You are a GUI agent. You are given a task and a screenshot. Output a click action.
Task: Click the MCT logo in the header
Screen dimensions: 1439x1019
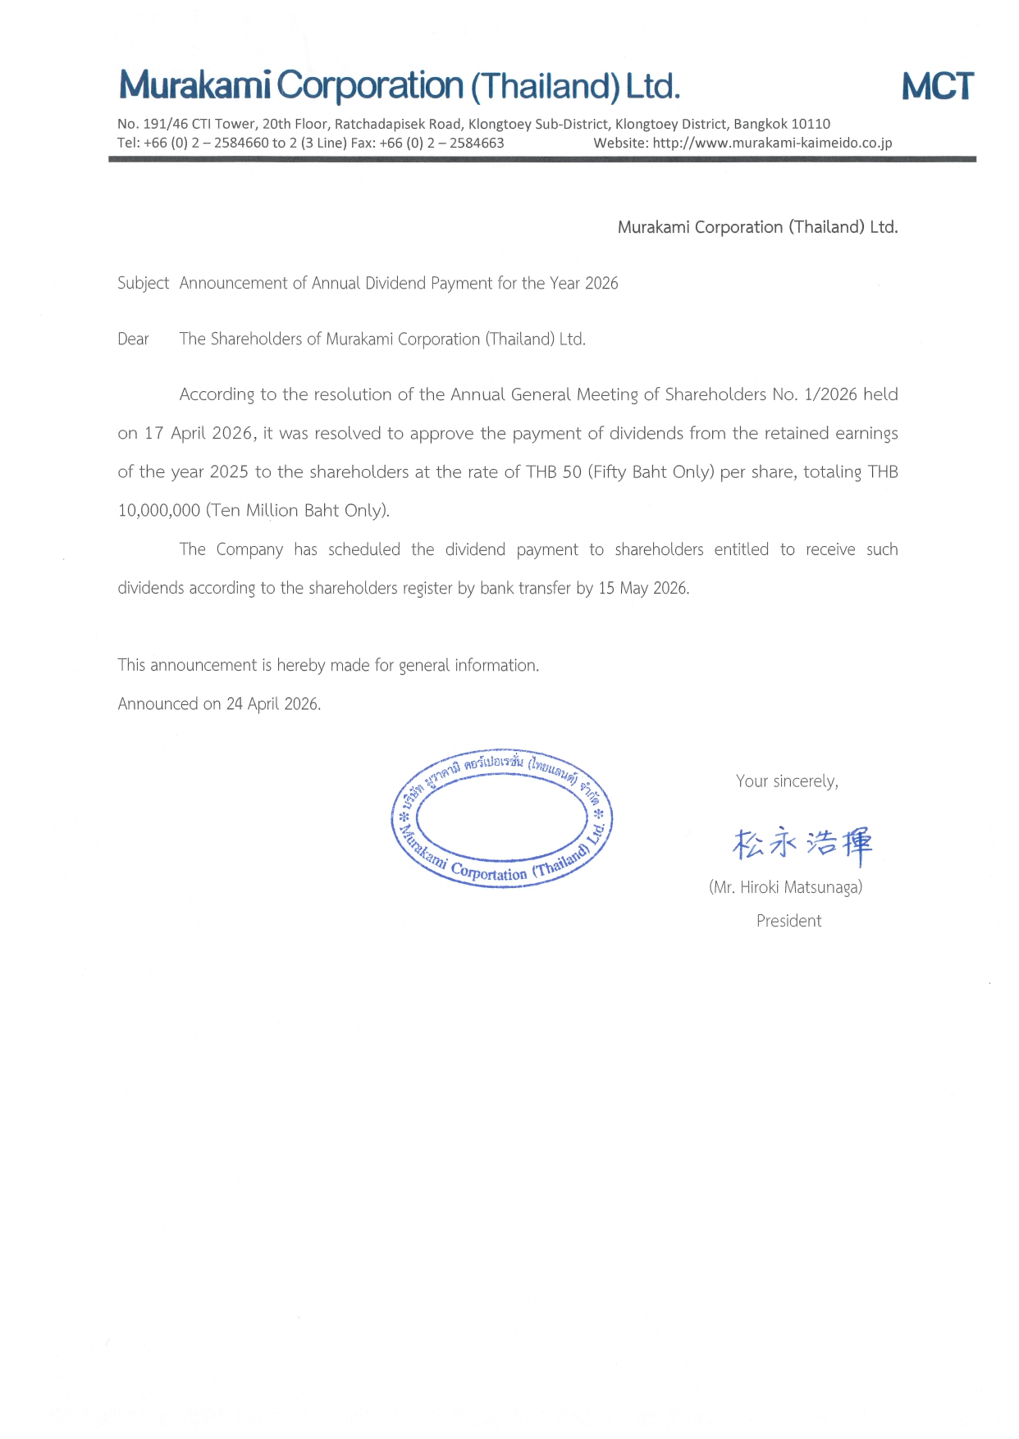(x=937, y=86)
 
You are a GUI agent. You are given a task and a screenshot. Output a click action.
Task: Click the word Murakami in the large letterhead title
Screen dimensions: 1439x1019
(x=194, y=85)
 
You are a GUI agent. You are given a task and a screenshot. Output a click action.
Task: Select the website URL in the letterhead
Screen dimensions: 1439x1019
(x=772, y=143)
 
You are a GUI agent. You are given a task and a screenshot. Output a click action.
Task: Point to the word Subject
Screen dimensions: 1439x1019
(x=143, y=283)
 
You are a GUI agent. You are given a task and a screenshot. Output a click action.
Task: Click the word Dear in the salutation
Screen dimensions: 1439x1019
(x=133, y=339)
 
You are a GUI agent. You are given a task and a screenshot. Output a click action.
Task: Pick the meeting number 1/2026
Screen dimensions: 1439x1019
(x=830, y=394)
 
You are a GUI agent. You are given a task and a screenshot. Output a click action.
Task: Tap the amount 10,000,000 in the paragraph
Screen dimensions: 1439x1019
(x=159, y=510)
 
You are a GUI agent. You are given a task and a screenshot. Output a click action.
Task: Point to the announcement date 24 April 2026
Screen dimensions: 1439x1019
(x=272, y=704)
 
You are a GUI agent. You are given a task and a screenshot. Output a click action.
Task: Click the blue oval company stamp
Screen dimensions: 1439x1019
(x=501, y=818)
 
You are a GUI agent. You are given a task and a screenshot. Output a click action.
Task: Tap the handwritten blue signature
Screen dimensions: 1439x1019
(x=802, y=844)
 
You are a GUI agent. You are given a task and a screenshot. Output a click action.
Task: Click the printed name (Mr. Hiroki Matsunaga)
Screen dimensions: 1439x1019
(x=785, y=887)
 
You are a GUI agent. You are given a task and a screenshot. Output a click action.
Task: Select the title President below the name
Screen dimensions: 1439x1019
(x=788, y=921)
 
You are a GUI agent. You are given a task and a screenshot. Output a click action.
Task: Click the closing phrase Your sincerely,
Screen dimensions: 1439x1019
(x=787, y=781)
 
